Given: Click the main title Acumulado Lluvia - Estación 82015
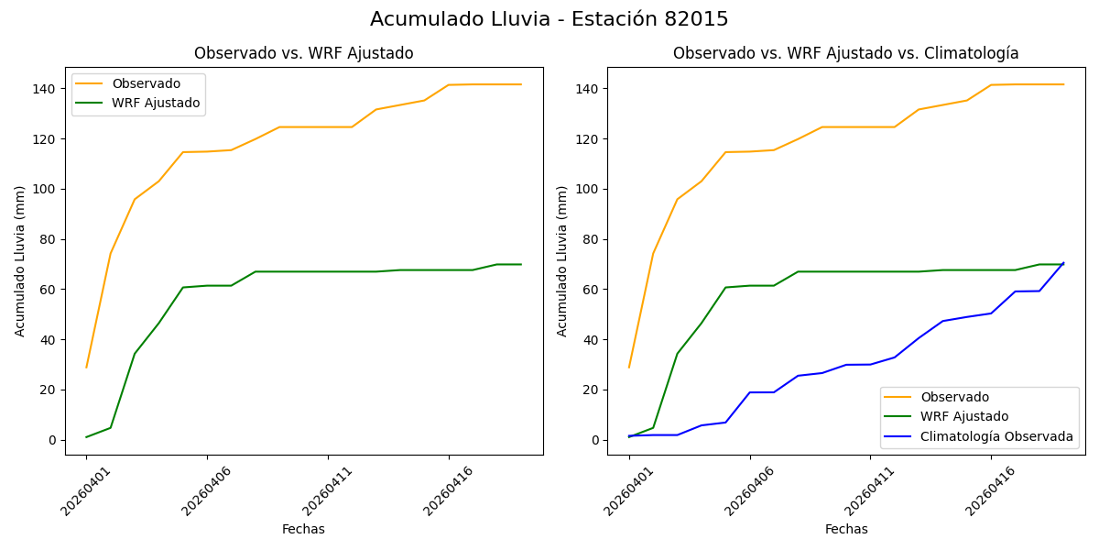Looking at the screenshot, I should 549,19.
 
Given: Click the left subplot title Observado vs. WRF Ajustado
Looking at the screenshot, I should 303,53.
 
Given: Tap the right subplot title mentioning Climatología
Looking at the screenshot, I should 845,53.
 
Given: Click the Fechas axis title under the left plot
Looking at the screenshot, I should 303,529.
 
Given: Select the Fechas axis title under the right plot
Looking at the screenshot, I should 846,529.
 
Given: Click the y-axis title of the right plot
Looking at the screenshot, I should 562,260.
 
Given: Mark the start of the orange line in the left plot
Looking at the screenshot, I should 86,368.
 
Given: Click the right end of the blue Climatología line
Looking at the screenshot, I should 1063,263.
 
